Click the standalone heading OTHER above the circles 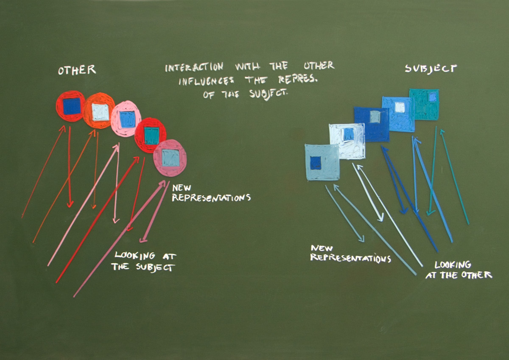[77, 70]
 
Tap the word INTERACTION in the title [194, 67]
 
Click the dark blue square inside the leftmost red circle [71, 106]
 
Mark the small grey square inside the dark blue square [375, 117]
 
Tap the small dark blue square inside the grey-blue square [315, 163]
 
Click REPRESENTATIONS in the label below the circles [211, 198]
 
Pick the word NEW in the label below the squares [322, 247]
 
